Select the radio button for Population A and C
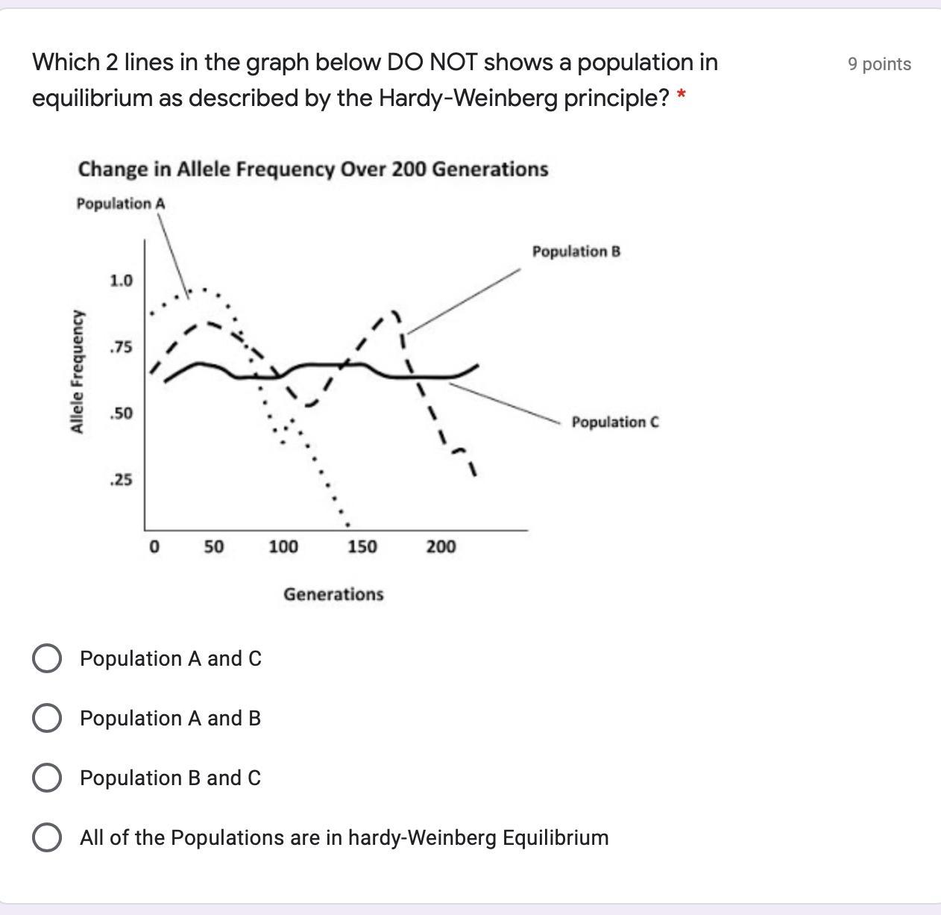point(47,658)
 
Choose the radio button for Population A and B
point(47,718)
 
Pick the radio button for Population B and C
point(47,778)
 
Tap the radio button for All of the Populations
point(47,837)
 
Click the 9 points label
point(879,64)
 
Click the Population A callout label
point(121,204)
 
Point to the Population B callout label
point(576,252)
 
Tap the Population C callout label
point(615,422)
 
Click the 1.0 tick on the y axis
point(121,281)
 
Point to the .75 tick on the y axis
point(121,348)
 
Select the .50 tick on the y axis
point(121,413)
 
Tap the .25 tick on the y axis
point(121,480)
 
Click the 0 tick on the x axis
point(154,547)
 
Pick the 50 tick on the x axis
point(213,547)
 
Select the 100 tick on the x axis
point(283,547)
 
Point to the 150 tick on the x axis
point(362,547)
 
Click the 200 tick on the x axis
point(441,547)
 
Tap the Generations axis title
point(333,595)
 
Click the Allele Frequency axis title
point(76,372)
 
